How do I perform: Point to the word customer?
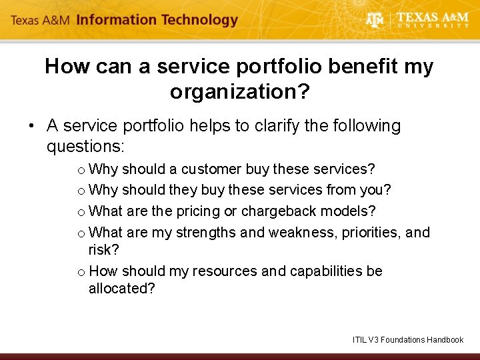pyautogui.click(x=212, y=169)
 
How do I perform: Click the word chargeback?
pyautogui.click(x=286, y=211)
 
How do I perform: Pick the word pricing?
pyautogui.click(x=198, y=211)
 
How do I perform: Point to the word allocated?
pyautogui.click(x=121, y=289)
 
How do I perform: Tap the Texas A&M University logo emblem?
pyautogui.click(x=376, y=20)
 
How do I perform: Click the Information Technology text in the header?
pyautogui.click(x=157, y=20)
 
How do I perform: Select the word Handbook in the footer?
pyautogui.click(x=444, y=340)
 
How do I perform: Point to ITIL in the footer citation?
pyautogui.click(x=360, y=340)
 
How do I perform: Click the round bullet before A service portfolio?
pyautogui.click(x=31, y=126)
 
